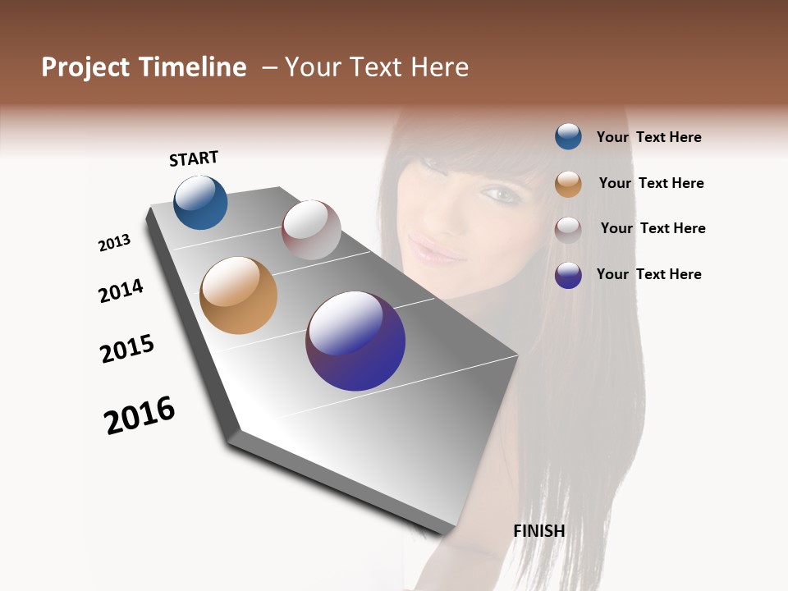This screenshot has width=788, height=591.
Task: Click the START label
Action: click(194, 158)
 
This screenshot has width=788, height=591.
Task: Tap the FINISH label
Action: click(538, 531)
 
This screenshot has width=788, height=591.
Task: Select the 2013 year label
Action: click(114, 243)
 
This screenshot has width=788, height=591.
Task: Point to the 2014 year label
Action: click(121, 291)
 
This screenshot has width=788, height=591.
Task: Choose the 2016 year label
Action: click(140, 415)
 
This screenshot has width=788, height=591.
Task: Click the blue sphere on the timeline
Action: click(200, 203)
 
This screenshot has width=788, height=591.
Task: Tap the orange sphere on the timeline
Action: click(238, 295)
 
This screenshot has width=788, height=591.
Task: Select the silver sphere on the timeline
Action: click(311, 230)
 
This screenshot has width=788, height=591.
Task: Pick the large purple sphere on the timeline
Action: click(355, 341)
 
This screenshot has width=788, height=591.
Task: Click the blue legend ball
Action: click(568, 136)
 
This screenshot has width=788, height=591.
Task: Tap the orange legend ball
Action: click(568, 183)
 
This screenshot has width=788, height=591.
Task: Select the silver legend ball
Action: click(568, 229)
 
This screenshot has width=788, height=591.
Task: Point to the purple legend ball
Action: click(568, 275)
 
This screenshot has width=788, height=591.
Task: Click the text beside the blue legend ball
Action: click(648, 137)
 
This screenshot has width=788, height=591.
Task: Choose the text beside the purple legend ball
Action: click(648, 274)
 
